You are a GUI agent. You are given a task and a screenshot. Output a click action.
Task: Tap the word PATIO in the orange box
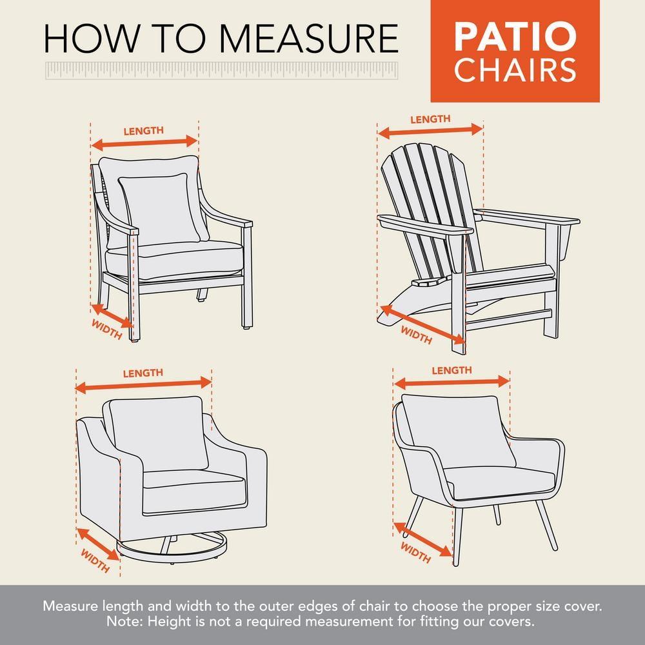click(x=514, y=37)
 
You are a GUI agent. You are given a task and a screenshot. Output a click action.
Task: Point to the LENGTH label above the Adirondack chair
click(x=430, y=119)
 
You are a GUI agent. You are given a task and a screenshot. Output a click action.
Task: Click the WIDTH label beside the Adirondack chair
click(x=416, y=335)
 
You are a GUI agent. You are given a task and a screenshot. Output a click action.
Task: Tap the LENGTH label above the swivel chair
click(x=143, y=373)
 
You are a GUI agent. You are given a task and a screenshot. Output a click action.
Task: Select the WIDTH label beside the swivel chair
click(x=95, y=561)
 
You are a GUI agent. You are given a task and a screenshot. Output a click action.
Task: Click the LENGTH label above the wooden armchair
click(x=143, y=130)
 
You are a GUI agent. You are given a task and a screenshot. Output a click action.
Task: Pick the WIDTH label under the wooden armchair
click(x=107, y=330)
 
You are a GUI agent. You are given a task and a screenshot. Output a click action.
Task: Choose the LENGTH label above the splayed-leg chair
click(x=451, y=370)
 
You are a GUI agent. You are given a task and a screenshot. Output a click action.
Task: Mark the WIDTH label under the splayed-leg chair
click(x=416, y=552)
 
